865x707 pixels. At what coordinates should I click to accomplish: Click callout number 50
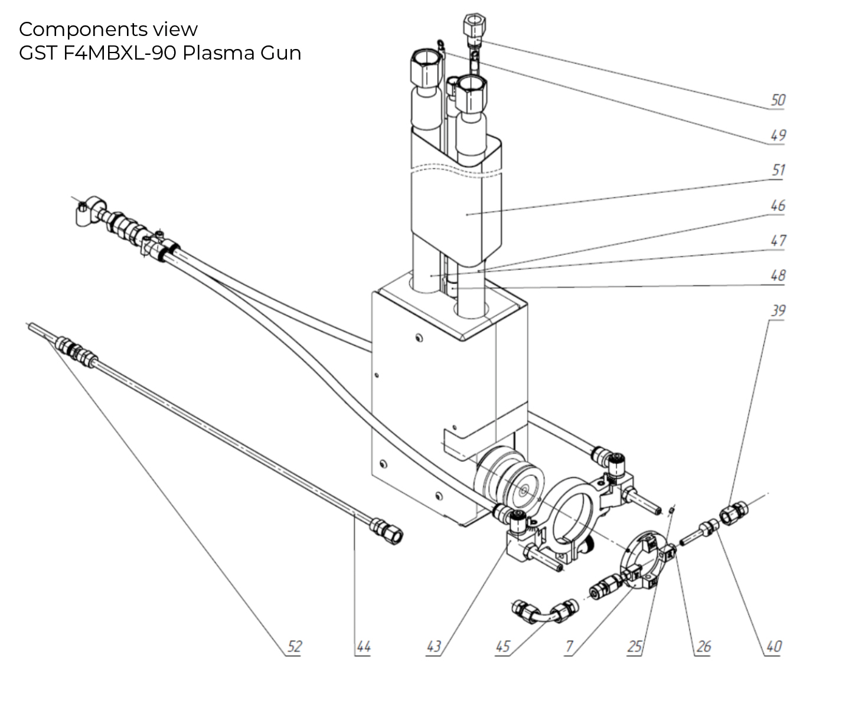(x=778, y=100)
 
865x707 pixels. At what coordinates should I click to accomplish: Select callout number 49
(x=778, y=135)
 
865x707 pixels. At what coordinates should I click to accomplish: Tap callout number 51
(x=778, y=170)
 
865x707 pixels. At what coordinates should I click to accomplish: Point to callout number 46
(x=778, y=205)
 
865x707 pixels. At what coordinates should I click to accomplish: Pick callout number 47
(x=778, y=240)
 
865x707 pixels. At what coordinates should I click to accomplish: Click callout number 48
(x=778, y=275)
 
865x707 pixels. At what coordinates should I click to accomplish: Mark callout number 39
(x=778, y=310)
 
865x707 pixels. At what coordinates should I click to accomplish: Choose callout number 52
(x=293, y=647)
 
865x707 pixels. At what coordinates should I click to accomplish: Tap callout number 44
(x=363, y=647)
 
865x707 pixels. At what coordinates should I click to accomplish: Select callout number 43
(x=433, y=647)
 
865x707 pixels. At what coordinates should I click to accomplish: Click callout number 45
(x=502, y=647)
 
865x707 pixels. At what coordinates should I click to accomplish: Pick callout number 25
(x=634, y=647)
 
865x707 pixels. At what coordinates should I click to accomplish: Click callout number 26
(x=703, y=647)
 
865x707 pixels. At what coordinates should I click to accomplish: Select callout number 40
(x=773, y=647)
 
